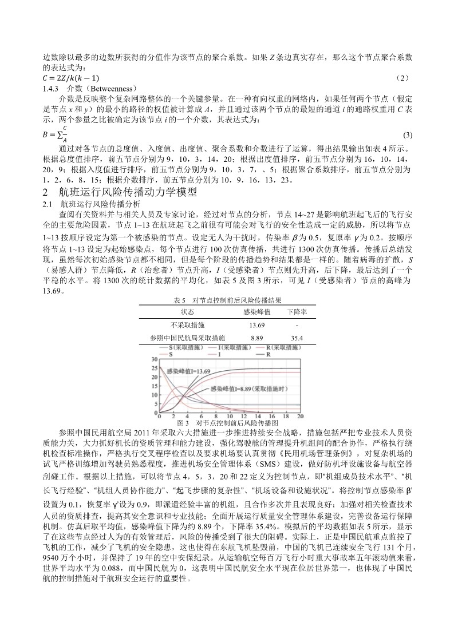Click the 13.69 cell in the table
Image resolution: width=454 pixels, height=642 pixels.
(x=255, y=325)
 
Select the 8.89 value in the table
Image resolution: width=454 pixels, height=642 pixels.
(x=256, y=338)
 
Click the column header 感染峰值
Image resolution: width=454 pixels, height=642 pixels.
(x=255, y=312)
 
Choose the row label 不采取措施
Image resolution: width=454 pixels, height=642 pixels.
(x=188, y=325)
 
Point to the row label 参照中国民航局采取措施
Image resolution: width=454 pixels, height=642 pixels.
(x=188, y=338)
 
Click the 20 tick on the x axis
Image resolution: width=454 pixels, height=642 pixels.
(x=300, y=417)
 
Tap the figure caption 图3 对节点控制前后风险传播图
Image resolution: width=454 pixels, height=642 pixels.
(x=227, y=422)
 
